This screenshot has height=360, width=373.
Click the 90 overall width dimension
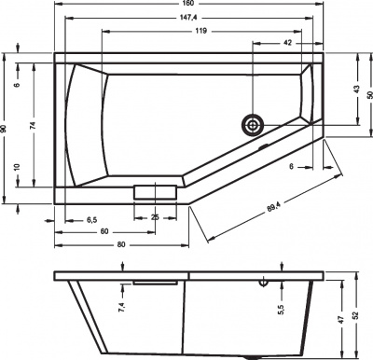pyautogui.click(x=5, y=132)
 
